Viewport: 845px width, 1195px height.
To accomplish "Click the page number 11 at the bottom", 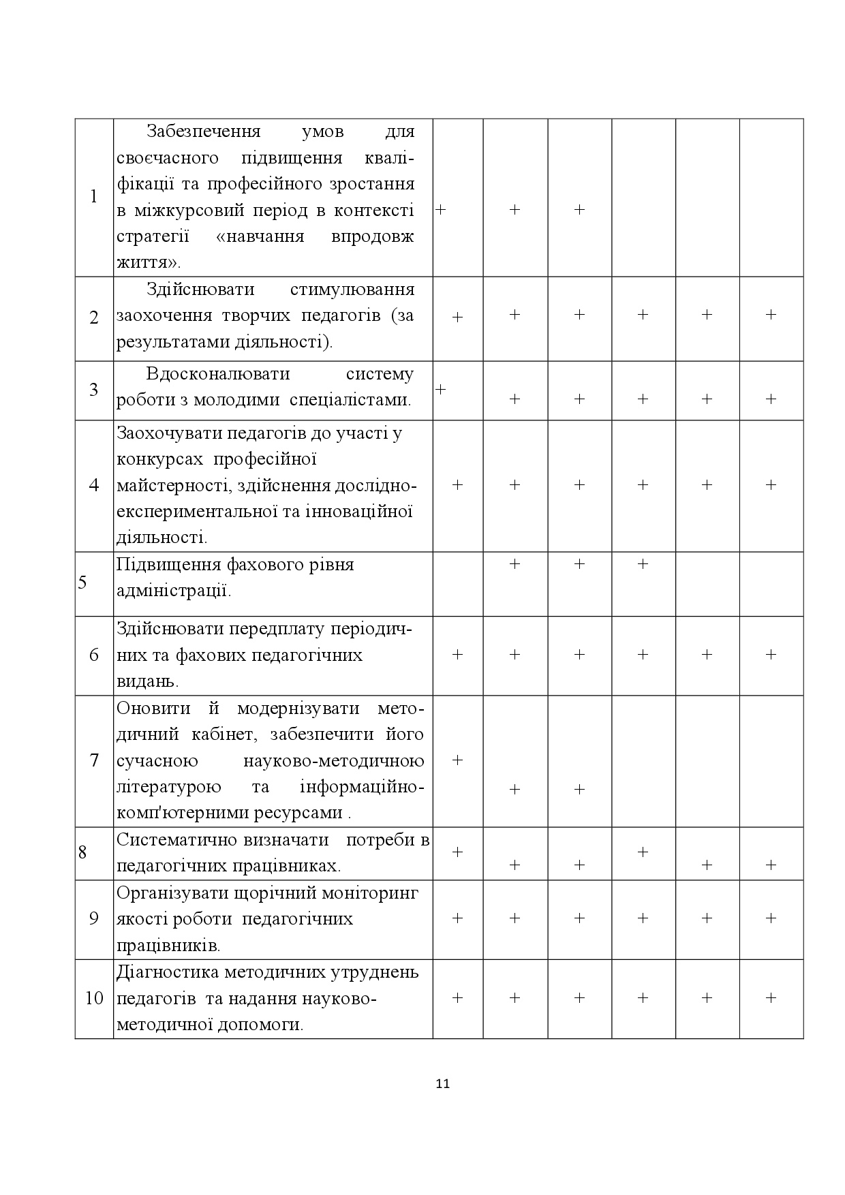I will [x=442, y=1084].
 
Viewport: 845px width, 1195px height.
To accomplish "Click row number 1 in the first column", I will [x=94, y=198].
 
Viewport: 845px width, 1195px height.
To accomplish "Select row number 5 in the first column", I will [x=82, y=583].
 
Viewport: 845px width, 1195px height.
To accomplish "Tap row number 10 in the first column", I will [x=94, y=999].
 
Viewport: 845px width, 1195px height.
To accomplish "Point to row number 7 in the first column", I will [x=94, y=760].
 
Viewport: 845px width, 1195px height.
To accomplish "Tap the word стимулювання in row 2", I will [x=352, y=290].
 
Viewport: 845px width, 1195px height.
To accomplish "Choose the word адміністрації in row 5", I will [x=174, y=591].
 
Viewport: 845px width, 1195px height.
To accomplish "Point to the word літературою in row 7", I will [x=169, y=788].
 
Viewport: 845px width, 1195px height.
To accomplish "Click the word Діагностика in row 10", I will [x=165, y=972].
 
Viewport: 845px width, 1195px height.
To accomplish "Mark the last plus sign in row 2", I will [x=771, y=314].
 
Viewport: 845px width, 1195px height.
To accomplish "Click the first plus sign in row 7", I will [x=457, y=760].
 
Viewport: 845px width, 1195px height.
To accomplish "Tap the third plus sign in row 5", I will [x=643, y=563].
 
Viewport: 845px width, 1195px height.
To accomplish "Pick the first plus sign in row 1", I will [x=440, y=210].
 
